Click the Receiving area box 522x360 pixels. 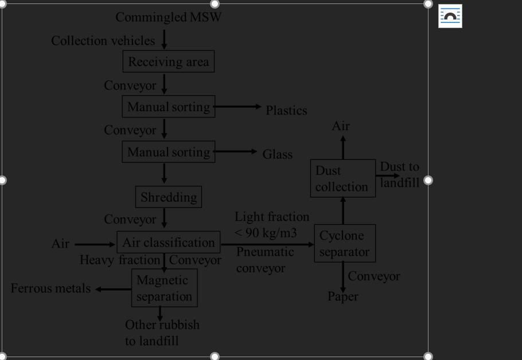pos(169,61)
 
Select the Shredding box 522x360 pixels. pos(169,197)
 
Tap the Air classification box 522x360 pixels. pos(169,242)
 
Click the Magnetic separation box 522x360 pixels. pos(165,288)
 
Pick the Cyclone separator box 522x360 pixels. pos(344,244)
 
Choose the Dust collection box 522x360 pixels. pos(342,179)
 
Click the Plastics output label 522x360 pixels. pos(286,111)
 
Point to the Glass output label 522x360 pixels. pos(278,154)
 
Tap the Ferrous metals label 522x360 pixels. pos(51,288)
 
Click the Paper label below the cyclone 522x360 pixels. pos(343,296)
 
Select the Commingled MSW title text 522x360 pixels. pos(168,17)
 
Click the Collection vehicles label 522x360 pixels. pos(103,41)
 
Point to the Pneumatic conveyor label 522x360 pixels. pos(265,260)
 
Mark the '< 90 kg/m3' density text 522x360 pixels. pos(266,233)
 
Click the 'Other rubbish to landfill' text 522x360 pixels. pos(162,332)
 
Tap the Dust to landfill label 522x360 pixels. pos(400,174)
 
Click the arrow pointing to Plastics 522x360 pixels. pos(237,107)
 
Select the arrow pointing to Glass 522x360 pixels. pos(235,151)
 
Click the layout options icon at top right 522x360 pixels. pos(450,16)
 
